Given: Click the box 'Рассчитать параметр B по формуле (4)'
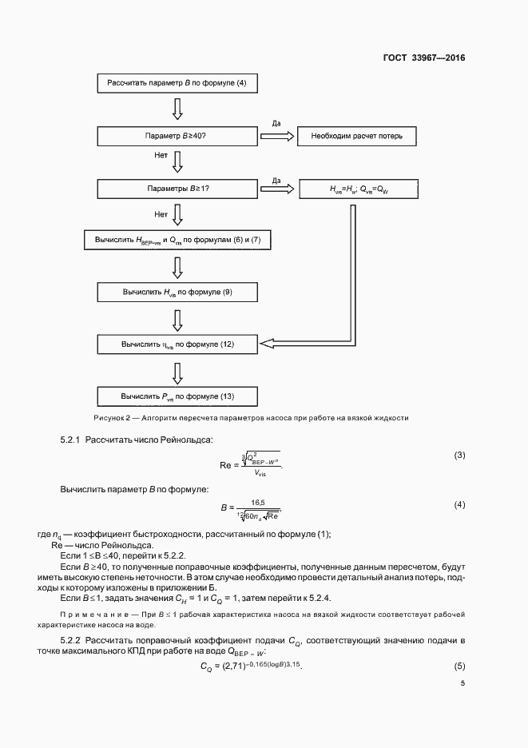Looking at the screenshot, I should (x=177, y=83).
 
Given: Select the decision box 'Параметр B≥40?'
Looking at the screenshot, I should (x=177, y=136).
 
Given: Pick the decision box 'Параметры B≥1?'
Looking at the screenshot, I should (x=177, y=189).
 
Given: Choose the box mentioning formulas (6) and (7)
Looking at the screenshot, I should (x=177, y=240).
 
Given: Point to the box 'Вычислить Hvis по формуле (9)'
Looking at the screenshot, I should (x=177, y=292).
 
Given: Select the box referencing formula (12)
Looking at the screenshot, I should (x=177, y=344).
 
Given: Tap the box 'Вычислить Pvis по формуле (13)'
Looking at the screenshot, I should (x=177, y=396).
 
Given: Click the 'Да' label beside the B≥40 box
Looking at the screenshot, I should (x=276, y=124).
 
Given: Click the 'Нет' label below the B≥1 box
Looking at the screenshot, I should (x=160, y=214).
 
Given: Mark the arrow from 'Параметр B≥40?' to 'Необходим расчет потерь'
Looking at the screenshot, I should (x=277, y=136).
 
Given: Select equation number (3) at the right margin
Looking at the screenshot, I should (x=459, y=456).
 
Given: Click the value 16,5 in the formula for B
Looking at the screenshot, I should (x=257, y=502).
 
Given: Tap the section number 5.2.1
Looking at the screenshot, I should (x=70, y=440).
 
